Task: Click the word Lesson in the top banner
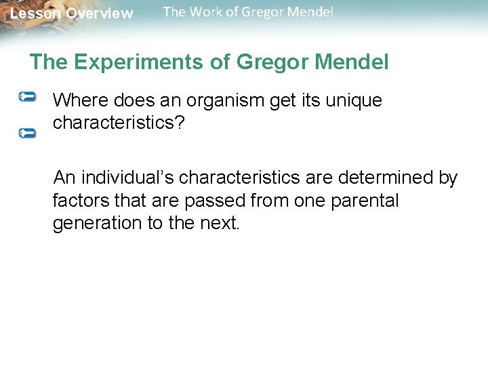(x=35, y=14)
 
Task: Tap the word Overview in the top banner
(x=100, y=14)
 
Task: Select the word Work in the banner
(x=205, y=12)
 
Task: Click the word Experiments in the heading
(x=142, y=62)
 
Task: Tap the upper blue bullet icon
(x=27, y=97)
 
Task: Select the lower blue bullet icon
(x=27, y=133)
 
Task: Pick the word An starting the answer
(x=65, y=178)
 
